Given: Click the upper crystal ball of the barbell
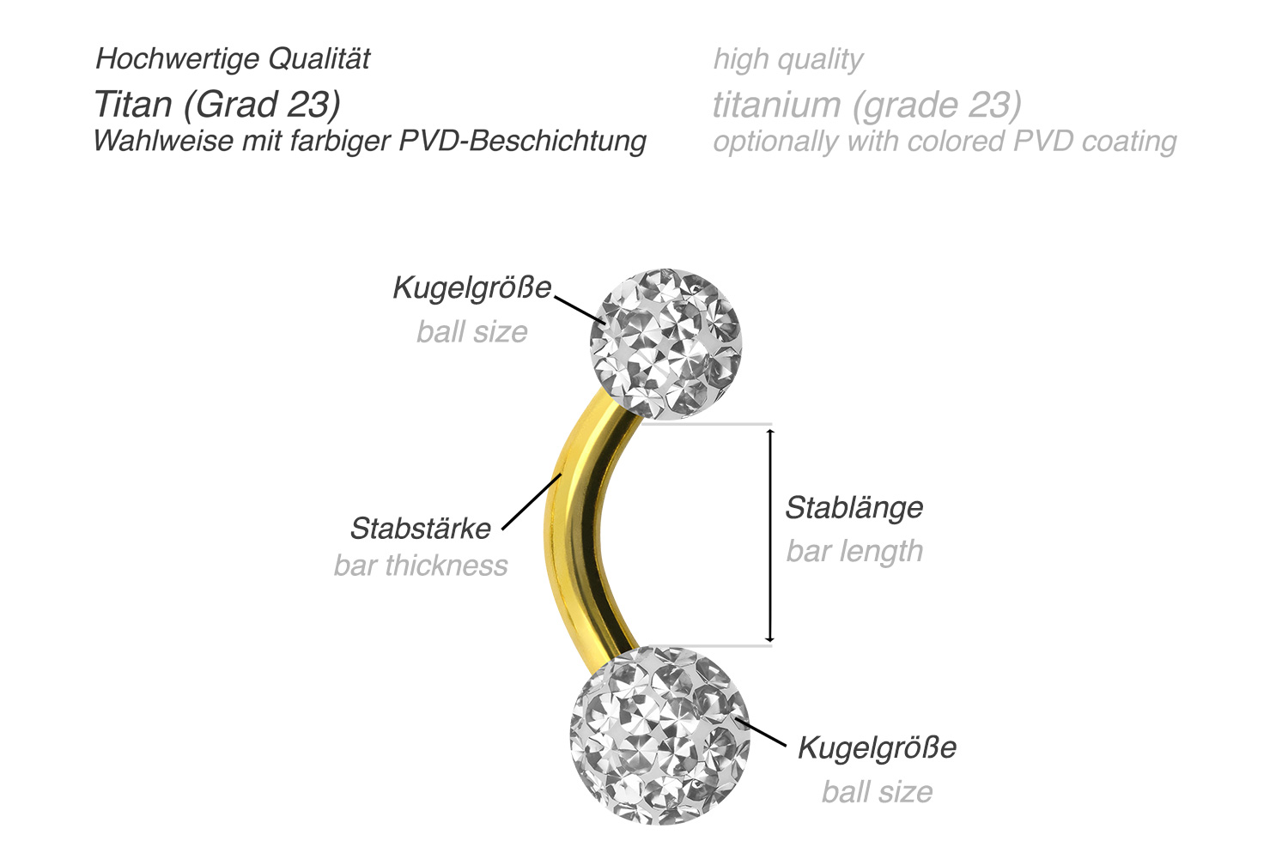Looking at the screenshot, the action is click(665, 343).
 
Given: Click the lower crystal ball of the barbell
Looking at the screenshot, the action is click(660, 735).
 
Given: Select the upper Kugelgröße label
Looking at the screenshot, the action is click(472, 287).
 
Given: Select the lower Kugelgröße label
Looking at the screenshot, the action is click(877, 747).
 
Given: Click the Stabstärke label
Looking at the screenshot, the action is click(421, 528).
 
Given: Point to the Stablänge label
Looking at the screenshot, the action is click(854, 508).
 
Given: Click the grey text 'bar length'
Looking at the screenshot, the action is click(855, 551).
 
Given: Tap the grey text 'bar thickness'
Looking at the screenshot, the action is click(421, 566).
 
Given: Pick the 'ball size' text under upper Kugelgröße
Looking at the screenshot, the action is click(472, 331).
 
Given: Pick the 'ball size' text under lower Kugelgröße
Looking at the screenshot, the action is click(877, 792).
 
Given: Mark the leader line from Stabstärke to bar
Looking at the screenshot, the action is click(532, 501).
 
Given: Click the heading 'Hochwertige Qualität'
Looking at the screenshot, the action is click(233, 58).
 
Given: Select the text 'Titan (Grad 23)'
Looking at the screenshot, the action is click(217, 104).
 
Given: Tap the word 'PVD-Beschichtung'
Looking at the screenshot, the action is click(523, 141).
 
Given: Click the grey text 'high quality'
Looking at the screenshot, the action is click(788, 59).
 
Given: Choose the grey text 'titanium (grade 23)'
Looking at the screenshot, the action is click(867, 105).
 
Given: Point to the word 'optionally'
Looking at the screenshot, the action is click(776, 142).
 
